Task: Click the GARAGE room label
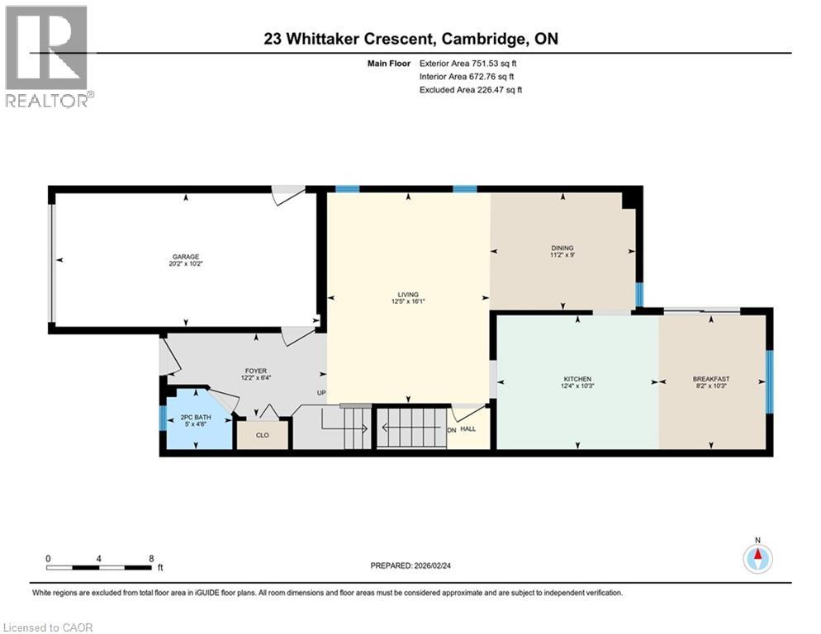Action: click(186, 256)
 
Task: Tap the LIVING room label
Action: click(408, 294)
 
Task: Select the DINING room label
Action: click(562, 248)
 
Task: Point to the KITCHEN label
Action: click(577, 379)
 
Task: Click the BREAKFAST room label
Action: click(710, 379)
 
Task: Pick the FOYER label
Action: click(255, 371)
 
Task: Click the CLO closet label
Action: click(263, 434)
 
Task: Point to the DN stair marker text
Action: click(451, 430)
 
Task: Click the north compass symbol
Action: click(757, 558)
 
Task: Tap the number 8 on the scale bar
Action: click(151, 558)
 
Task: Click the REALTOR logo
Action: click(48, 56)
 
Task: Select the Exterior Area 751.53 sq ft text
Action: click(470, 63)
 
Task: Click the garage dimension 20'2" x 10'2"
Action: click(186, 265)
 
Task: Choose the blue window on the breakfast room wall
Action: click(769, 381)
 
